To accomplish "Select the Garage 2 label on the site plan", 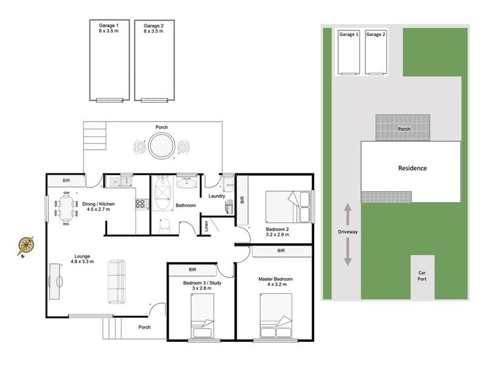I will (x=376, y=35).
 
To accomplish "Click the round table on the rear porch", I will (x=161, y=147).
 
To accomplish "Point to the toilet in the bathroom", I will (x=163, y=226).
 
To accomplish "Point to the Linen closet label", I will (x=207, y=226).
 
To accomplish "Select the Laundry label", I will (x=217, y=196).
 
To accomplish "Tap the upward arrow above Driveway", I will (x=348, y=214).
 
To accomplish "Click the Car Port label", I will (x=422, y=277).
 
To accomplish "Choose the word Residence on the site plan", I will (x=412, y=168).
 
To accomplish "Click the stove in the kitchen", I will (x=142, y=204).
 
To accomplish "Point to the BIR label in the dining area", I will (x=66, y=181).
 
